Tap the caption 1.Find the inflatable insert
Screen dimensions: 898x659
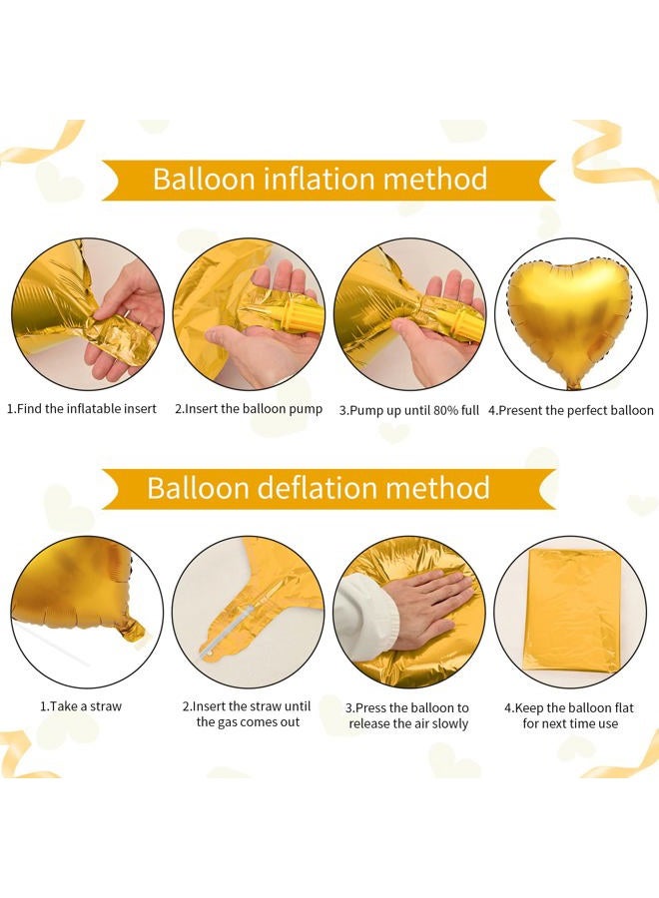tap(82, 410)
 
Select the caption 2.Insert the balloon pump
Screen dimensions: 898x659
tap(248, 410)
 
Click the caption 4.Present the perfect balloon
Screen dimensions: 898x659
tap(571, 410)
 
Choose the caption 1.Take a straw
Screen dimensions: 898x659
tap(82, 706)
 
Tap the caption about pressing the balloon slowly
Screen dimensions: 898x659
tap(408, 714)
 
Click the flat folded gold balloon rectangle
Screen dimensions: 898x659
tap(572, 609)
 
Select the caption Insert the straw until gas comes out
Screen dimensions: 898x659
tap(248, 714)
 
